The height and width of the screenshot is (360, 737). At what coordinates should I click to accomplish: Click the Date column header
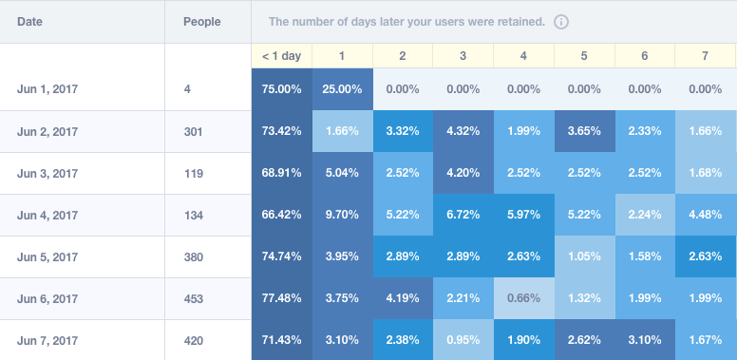click(29, 21)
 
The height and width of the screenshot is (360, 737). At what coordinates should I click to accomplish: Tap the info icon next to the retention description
click(561, 21)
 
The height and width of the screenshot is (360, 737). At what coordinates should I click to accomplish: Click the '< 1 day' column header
click(281, 56)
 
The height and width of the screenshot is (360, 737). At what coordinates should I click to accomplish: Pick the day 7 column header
click(705, 56)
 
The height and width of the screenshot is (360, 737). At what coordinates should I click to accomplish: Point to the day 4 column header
click(523, 56)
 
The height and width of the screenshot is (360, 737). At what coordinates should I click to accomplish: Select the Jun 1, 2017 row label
click(47, 89)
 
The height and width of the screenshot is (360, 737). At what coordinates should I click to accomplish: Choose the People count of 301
click(194, 132)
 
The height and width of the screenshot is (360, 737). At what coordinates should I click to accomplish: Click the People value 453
click(194, 298)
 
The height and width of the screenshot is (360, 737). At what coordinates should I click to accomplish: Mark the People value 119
click(194, 174)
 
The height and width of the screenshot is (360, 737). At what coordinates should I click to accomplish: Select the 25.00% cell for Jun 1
click(342, 89)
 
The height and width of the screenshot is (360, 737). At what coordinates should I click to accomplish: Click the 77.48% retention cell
click(281, 298)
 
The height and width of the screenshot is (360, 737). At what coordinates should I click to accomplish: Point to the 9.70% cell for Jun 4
click(342, 216)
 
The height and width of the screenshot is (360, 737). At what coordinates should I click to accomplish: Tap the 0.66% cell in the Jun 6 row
click(523, 298)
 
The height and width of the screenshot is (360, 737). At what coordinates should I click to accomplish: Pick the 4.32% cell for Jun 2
click(463, 132)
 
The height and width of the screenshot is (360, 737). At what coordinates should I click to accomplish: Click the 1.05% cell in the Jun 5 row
click(584, 257)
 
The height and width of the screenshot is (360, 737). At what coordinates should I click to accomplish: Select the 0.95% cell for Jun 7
click(463, 339)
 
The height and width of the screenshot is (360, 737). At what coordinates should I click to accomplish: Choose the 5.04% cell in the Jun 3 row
click(342, 174)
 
